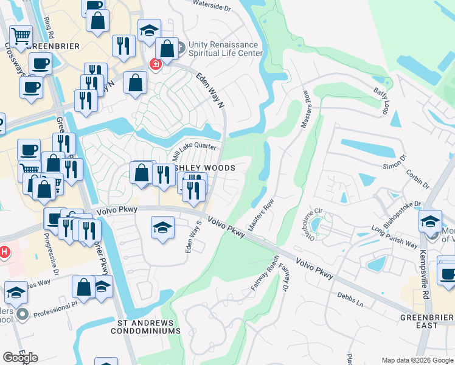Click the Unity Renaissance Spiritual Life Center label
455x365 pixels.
click(x=225, y=49)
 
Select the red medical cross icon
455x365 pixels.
click(x=156, y=64)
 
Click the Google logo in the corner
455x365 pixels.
click(x=21, y=358)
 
